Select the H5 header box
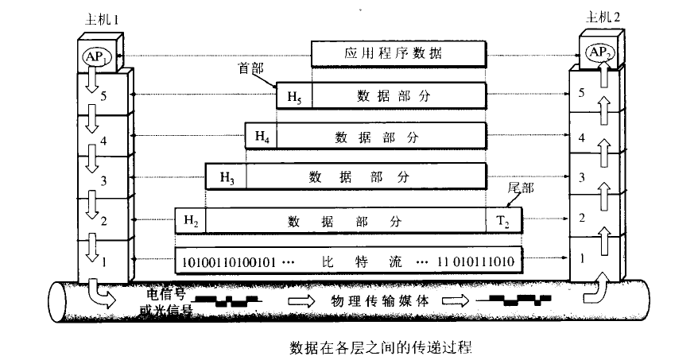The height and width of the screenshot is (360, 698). (293, 96)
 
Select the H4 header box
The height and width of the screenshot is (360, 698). (262, 137)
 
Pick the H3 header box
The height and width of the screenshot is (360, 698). (226, 176)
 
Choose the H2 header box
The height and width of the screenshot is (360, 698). (190, 219)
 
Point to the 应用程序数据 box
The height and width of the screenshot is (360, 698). (397, 54)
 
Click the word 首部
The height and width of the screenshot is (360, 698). (251, 70)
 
